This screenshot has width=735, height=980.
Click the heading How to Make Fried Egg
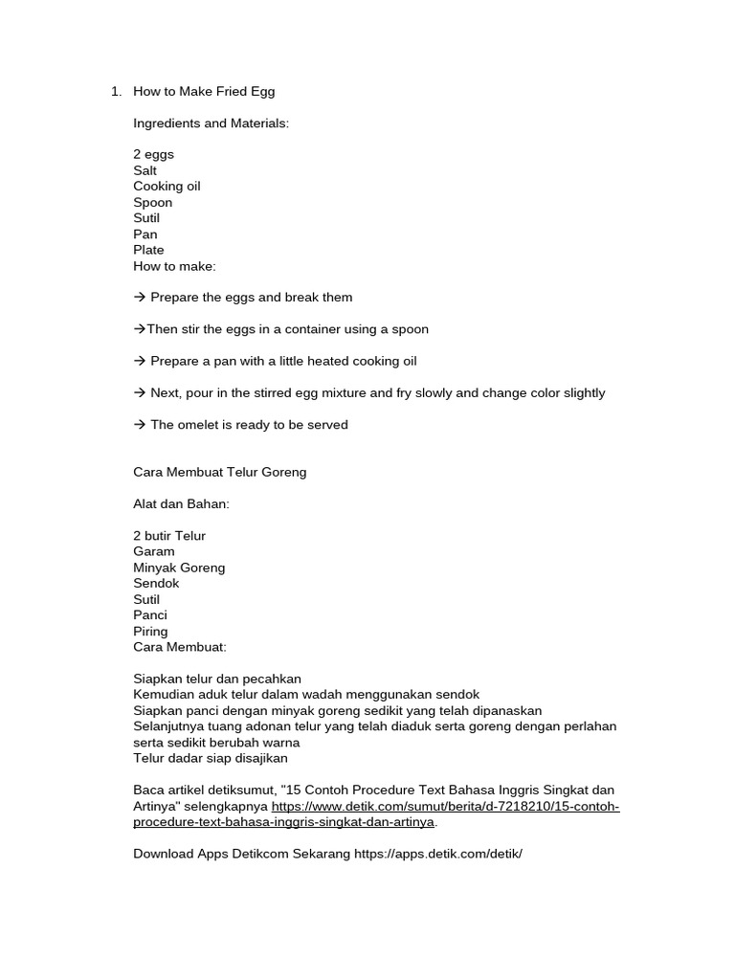click(x=204, y=91)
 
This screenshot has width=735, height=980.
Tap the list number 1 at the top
click(x=115, y=91)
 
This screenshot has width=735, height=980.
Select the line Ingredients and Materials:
click(x=211, y=123)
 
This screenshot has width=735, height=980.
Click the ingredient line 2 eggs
click(x=153, y=154)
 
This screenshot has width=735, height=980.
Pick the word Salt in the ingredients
click(x=145, y=170)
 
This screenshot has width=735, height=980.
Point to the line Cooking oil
click(x=167, y=186)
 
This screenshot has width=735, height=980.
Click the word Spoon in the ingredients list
click(x=153, y=202)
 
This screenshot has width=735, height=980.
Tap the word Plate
click(x=148, y=250)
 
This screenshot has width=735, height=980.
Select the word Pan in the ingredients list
click(x=145, y=234)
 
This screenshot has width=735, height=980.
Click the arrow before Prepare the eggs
click(x=140, y=298)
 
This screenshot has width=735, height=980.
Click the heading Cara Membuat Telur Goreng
click(x=220, y=472)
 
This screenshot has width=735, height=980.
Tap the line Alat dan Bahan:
click(x=181, y=503)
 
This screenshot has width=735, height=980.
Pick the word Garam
click(x=154, y=551)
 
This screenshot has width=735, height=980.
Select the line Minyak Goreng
click(x=179, y=568)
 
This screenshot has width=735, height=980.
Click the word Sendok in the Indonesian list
click(x=156, y=583)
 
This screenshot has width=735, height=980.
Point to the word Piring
click(x=150, y=631)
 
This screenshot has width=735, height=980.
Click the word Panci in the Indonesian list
click(x=150, y=615)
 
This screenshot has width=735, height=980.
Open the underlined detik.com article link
click(x=445, y=807)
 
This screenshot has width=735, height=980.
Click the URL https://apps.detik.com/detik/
click(x=438, y=853)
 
